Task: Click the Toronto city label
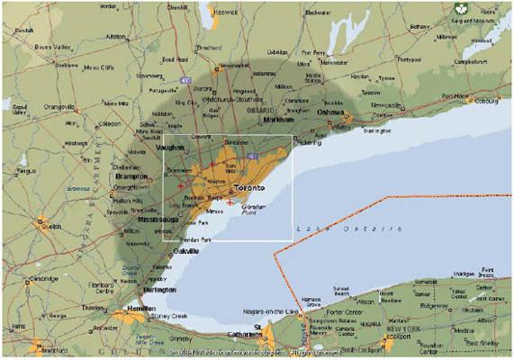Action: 249,188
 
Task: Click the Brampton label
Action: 131,177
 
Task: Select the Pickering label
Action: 307,142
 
